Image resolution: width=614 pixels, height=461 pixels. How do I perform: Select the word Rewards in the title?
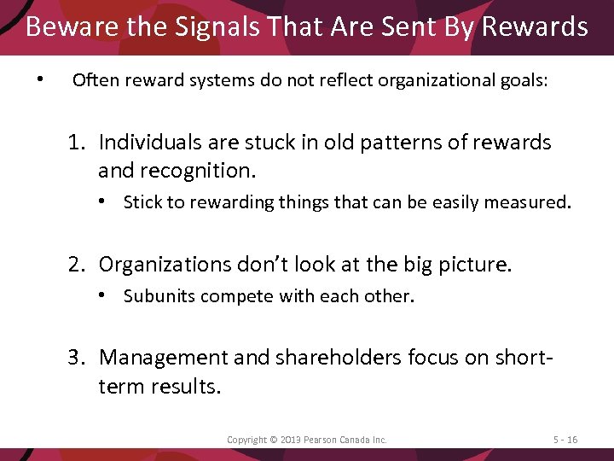535,27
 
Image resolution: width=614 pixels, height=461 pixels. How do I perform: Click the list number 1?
77,142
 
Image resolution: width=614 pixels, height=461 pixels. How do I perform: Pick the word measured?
535,202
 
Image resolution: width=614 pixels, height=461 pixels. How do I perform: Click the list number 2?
77,264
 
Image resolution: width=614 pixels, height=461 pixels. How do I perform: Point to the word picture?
480,264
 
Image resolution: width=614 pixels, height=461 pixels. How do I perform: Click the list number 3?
77,358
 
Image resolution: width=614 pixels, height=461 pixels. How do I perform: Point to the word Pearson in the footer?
323,440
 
